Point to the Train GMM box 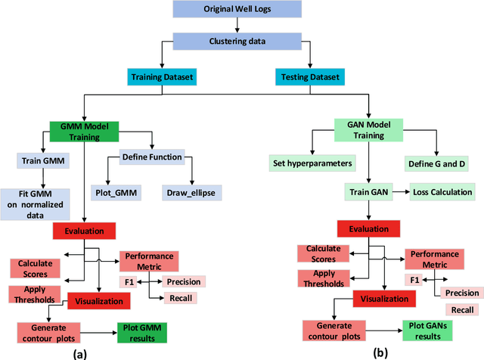[42, 160]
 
